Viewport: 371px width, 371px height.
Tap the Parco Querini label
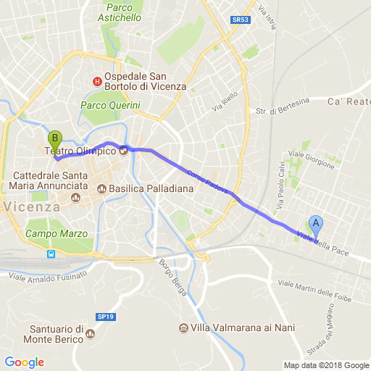tap(110, 106)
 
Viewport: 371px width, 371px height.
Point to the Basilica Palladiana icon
tap(101, 190)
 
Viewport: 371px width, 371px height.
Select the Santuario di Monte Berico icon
tap(91, 334)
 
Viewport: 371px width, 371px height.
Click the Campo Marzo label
tap(56, 234)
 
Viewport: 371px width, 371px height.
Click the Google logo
tap(24, 362)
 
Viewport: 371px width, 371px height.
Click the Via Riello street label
tap(225, 102)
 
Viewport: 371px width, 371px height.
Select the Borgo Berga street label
tap(174, 278)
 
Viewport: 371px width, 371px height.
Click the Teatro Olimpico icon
tap(123, 151)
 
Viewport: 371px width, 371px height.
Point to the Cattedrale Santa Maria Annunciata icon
tap(75, 198)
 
